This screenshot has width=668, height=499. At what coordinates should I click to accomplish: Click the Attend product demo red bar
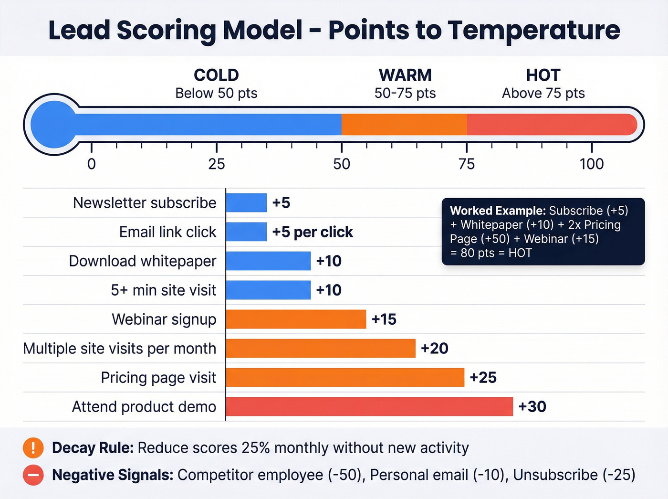pos(369,407)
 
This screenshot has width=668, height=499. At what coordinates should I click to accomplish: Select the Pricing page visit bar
pos(345,378)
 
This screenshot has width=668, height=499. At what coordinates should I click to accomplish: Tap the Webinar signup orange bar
pos(296,319)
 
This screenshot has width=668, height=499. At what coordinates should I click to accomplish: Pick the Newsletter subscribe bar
pos(246,203)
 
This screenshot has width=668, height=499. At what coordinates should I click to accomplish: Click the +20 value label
pos(434,349)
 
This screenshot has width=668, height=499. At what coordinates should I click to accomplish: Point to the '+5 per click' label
pos(313,232)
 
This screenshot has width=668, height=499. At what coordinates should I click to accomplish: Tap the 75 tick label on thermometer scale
pos(467,164)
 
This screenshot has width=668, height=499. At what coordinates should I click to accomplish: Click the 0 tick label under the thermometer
pos(92,164)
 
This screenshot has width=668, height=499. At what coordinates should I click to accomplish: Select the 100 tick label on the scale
pos(592,164)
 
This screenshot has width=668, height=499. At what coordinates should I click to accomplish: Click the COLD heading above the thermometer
pos(216,75)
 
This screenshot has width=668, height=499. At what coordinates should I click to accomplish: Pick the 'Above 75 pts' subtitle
pos(543,93)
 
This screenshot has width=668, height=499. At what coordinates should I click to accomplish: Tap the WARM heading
pos(405,75)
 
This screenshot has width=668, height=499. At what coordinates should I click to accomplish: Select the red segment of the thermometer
pos(551,125)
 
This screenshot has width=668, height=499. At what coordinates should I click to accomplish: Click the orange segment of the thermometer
pos(404,125)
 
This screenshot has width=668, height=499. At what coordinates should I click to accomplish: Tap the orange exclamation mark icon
pos(33,448)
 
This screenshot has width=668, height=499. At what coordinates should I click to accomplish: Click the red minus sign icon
pos(33,475)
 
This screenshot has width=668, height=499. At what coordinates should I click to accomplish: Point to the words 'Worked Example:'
pos(498,211)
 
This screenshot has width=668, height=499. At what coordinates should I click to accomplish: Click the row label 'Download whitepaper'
pos(143,261)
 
